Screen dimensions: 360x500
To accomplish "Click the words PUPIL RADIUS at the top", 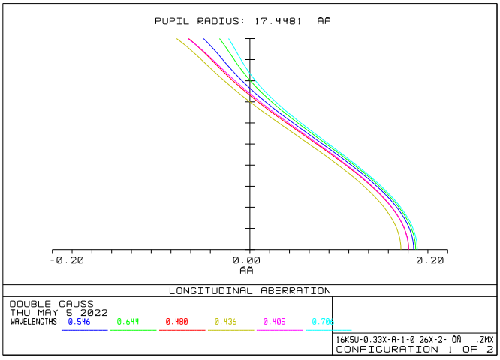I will [199, 21].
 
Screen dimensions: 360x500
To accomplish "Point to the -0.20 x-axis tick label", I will [67, 260].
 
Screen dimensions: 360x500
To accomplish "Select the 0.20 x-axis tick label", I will [431, 260].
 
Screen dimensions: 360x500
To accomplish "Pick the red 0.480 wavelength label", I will [177, 322].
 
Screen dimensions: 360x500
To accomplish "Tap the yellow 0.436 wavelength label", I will [226, 322].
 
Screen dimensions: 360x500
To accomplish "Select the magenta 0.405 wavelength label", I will [275, 322].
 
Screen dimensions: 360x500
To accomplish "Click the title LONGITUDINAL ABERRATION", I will [249, 290].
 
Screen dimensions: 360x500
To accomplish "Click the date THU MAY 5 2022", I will [59, 312].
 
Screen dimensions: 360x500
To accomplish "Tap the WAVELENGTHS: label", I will [35, 322].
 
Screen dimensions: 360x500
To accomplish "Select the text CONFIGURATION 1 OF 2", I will [414, 349].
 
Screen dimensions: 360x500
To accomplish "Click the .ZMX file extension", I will [484, 339].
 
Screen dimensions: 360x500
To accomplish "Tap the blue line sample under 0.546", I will [84, 330].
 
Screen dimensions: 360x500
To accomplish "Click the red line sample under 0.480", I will [182, 330].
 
